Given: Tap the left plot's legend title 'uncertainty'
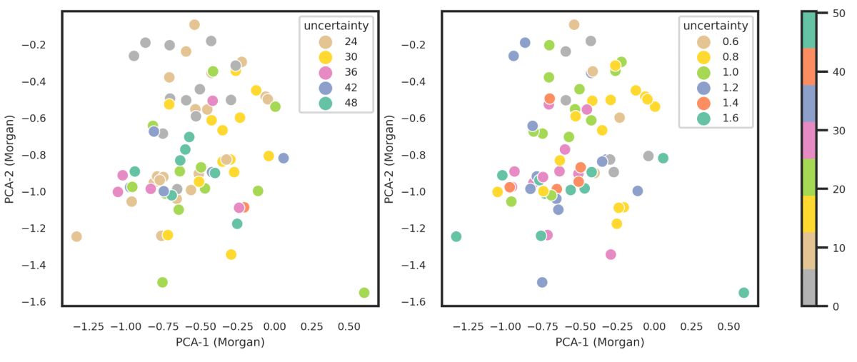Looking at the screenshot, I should point(336,26).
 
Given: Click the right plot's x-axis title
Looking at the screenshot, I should point(600,342).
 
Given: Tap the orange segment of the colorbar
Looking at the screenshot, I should point(808,66).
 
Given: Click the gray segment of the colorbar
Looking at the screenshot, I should point(808,287).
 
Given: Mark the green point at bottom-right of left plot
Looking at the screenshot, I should point(364,293).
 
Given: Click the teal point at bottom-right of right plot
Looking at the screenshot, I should point(743,293).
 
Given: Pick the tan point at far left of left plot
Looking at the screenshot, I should point(76,236).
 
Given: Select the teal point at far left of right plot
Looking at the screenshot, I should point(456,236).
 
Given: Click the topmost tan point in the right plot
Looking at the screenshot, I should point(574,25).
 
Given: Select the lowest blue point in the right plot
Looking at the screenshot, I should point(542,283).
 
